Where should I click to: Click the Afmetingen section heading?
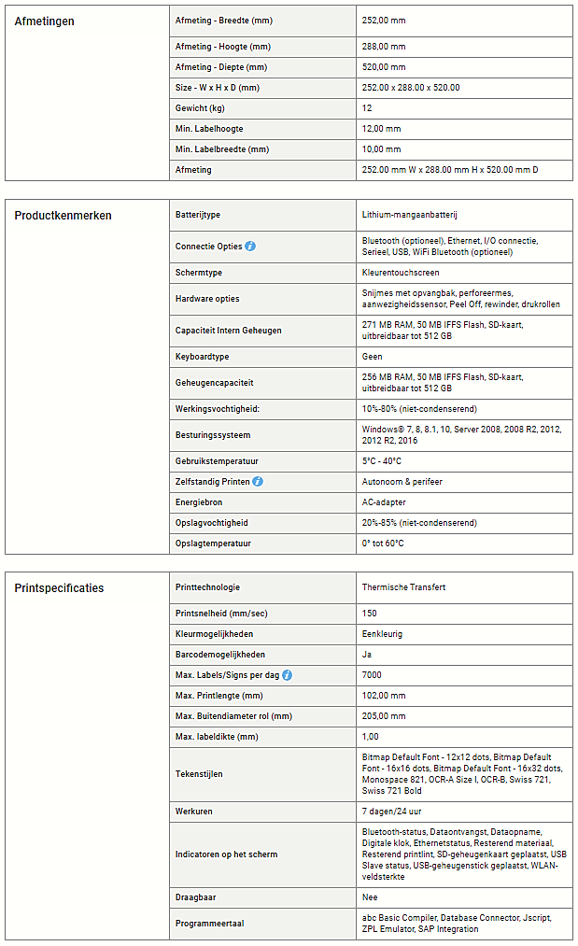click(x=45, y=21)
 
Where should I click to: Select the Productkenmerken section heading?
click(x=63, y=216)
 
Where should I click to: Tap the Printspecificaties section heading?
click(x=59, y=588)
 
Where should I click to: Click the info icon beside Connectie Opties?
click(x=250, y=247)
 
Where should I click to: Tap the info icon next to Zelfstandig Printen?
click(x=258, y=482)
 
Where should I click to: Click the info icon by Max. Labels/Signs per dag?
click(x=287, y=675)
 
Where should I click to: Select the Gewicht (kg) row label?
click(x=200, y=108)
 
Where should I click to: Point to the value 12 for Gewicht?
click(x=367, y=108)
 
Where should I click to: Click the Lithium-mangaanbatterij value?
click(x=409, y=215)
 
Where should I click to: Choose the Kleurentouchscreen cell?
click(x=401, y=273)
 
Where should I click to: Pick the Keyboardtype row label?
click(x=202, y=357)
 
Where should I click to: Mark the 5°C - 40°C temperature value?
click(x=382, y=461)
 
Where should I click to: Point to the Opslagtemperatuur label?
click(x=213, y=544)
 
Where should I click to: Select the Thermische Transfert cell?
click(x=403, y=587)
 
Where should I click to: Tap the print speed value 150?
click(x=370, y=614)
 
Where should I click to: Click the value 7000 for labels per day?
click(x=372, y=675)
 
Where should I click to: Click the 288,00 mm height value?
click(x=384, y=47)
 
